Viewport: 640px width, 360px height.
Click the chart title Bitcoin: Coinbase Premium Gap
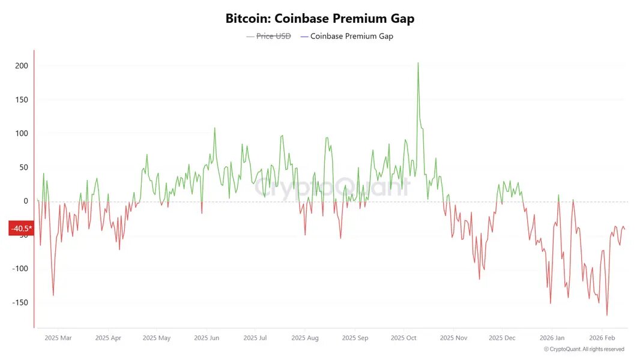pos(319,19)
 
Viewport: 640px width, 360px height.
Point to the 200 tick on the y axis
pos(22,65)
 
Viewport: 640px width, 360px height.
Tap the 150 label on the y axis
pos(22,100)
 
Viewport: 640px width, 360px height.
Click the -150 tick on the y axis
pos(20,302)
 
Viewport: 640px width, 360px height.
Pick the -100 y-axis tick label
pos(20,269)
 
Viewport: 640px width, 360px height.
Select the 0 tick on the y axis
pos(26,201)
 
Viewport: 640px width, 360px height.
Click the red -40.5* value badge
pos(21,229)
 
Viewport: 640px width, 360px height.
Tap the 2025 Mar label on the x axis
pos(58,338)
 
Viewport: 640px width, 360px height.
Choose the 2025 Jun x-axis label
pos(207,338)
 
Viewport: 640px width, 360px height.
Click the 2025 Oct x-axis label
pos(403,338)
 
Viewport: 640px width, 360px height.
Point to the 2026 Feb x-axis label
pos(602,338)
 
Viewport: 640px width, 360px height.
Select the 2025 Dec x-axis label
pos(502,338)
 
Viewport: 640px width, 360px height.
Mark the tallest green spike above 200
pos(418,63)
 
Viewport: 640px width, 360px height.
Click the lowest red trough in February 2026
pos(607,315)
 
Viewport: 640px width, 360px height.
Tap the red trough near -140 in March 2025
pos(53,295)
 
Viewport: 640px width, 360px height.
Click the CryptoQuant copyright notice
pos(584,349)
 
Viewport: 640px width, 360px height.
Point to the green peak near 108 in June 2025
pos(214,128)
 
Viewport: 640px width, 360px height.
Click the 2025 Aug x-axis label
pos(305,338)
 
